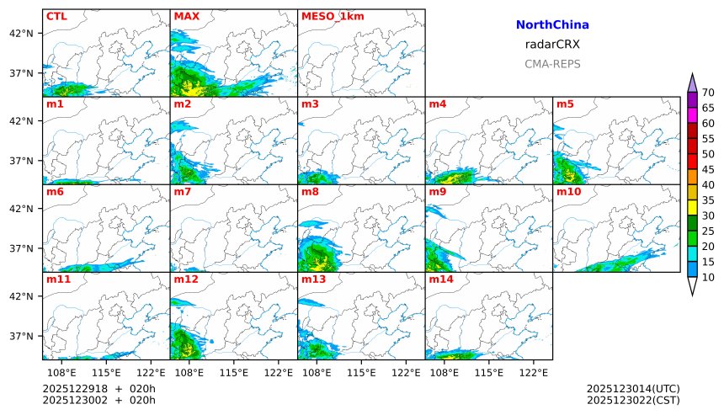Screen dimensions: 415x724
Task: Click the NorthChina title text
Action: pos(552,25)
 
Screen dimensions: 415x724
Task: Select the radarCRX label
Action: pos(552,45)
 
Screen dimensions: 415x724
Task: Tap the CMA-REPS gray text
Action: pos(552,64)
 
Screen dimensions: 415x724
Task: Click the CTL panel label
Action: pos(56,16)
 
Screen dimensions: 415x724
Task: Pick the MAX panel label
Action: pos(186,16)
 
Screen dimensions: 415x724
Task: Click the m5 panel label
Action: pos(565,104)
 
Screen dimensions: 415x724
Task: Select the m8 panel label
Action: pos(310,192)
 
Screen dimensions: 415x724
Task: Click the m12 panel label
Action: pos(185,279)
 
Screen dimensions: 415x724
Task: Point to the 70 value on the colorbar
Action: pos(708,93)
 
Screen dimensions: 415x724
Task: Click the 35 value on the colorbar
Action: pos(708,200)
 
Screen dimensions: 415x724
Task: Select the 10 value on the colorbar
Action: pos(708,277)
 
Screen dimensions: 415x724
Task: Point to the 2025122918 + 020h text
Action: pos(99,388)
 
